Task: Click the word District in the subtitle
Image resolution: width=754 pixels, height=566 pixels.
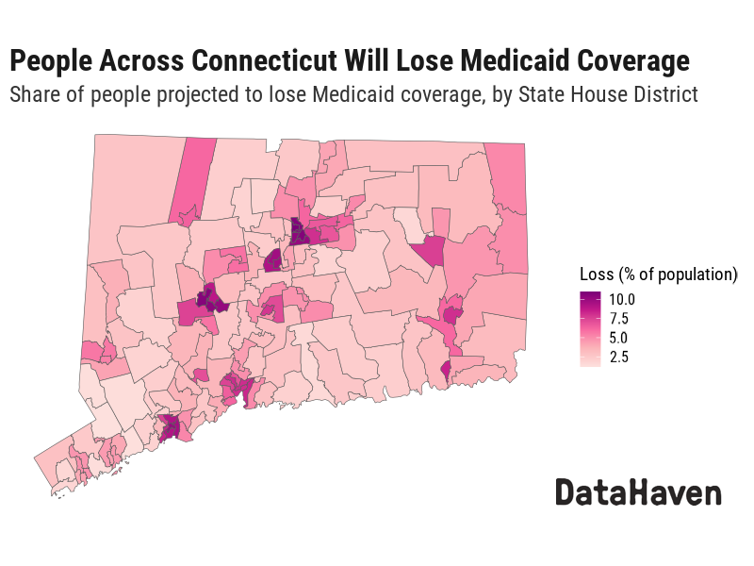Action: click(664, 94)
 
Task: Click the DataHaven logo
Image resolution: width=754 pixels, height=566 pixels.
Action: click(638, 492)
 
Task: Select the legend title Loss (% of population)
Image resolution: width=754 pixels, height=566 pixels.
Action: click(658, 275)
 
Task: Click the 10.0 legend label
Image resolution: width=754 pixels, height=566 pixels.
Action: click(622, 299)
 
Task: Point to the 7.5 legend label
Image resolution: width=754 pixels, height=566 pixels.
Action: click(618, 318)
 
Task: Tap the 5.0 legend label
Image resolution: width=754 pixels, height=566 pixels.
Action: click(618, 337)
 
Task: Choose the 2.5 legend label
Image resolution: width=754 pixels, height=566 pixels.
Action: click(618, 357)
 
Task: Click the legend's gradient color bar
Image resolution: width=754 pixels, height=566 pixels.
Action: click(591, 327)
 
